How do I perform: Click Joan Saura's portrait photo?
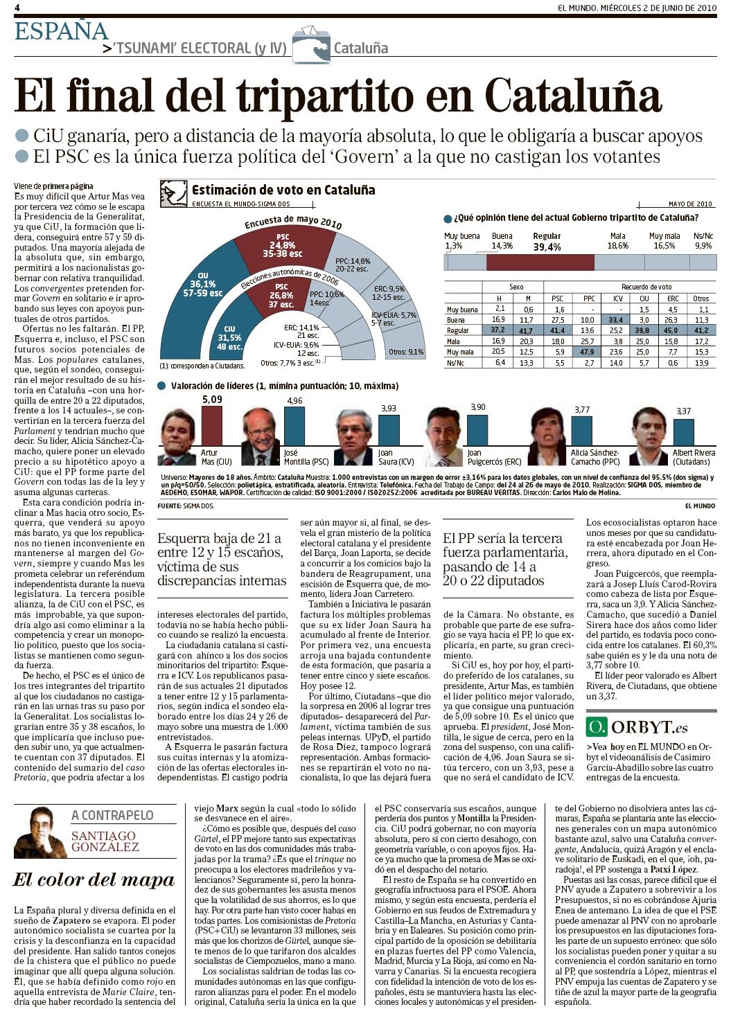[355, 437]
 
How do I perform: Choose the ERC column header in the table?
[672, 299]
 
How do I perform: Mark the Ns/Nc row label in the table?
[456, 363]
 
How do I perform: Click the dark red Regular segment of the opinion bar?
[540, 262]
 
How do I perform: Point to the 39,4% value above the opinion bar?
[547, 247]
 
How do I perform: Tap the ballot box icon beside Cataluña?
[310, 46]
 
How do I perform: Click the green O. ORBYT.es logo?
[637, 727]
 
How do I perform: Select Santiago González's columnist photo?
[39, 833]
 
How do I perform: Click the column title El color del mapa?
[94, 880]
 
